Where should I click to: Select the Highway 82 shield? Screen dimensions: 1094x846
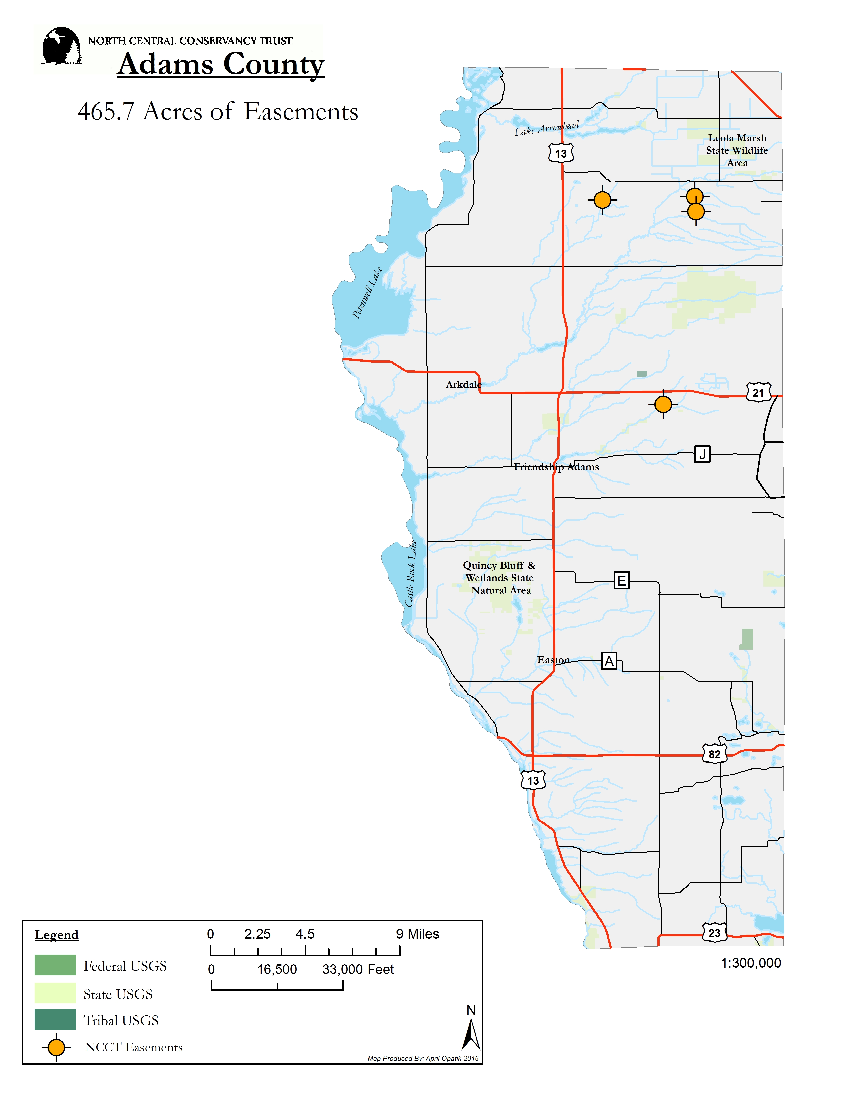pyautogui.click(x=714, y=754)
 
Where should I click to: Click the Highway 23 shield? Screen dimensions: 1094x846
pyautogui.click(x=714, y=933)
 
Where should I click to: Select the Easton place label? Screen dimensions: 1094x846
pyautogui.click(x=553, y=660)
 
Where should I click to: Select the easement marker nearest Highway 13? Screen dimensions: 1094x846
pyautogui.click(x=602, y=200)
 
